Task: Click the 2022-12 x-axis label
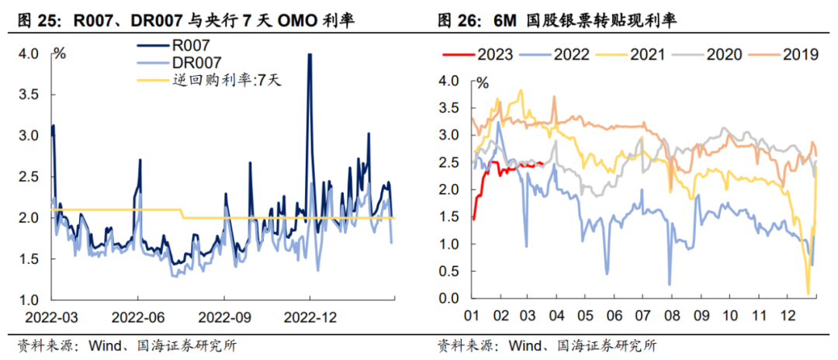310,318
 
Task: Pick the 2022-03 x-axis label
51,318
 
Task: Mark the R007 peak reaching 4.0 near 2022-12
310,54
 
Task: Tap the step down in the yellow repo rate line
183,213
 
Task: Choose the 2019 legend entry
799,54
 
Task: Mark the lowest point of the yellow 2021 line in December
808,294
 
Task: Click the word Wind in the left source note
100,345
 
